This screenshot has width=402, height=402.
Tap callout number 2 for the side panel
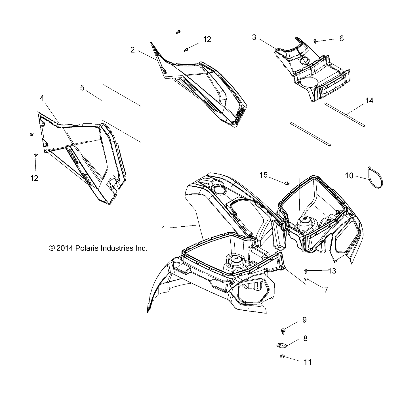pos(132,50)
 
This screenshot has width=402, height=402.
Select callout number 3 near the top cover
pos(254,37)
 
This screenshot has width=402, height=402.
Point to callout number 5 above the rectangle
pos(82,88)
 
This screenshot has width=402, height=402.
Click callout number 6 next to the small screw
pos(342,38)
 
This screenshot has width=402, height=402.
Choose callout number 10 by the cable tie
pos(349,176)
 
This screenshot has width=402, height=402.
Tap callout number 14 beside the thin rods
pos(369,100)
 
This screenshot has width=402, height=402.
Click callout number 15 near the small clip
pos(264,175)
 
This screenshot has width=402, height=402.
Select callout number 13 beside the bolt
pos(332,271)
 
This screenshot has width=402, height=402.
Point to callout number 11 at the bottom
pos(308,362)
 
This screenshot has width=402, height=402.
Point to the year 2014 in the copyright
pos(65,248)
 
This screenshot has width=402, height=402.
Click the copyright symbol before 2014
pos(52,248)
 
